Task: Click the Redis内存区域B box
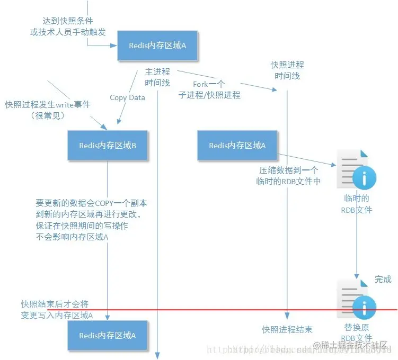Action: point(108,146)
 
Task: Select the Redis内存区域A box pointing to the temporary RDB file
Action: point(237,146)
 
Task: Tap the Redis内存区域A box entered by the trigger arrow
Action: point(157,46)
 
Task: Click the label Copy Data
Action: point(127,97)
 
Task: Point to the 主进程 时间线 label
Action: point(157,77)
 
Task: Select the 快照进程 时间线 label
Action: point(287,70)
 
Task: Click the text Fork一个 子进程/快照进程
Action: point(217,89)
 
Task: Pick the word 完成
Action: point(383,279)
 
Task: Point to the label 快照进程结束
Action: point(287,329)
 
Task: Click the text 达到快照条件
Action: point(67,21)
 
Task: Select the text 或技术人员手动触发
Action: point(67,32)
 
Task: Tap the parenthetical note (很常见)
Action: point(48,115)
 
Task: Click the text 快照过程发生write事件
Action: point(48,105)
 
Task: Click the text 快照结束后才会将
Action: point(55,304)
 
